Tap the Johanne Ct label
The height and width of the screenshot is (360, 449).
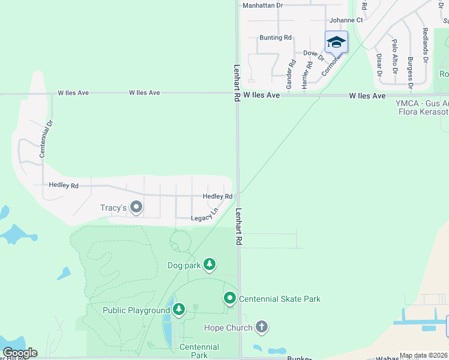[346, 20]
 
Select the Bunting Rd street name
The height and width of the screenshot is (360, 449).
[275, 38]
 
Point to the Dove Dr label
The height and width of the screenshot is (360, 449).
[313, 55]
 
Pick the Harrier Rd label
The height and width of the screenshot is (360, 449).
[304, 76]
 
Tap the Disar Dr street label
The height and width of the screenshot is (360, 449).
[379, 64]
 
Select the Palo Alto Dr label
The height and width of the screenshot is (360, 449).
[394, 56]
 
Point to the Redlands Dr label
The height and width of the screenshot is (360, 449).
[425, 46]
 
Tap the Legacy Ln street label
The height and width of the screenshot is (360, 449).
[204, 217]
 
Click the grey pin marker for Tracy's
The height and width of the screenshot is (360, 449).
[136, 208]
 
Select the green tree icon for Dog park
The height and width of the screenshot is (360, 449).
[209, 264]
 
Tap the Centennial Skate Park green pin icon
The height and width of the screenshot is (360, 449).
[230, 298]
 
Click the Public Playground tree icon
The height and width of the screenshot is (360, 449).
[178, 310]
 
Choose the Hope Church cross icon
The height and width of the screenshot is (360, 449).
[261, 327]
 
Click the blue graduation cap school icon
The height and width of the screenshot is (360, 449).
[336, 42]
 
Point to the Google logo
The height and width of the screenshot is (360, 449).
[19, 353]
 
